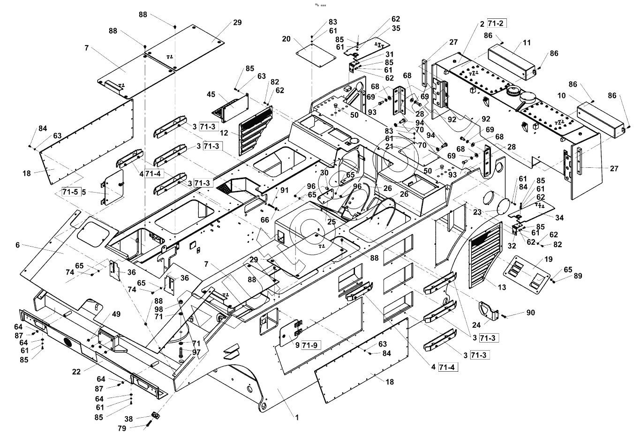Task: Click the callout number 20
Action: click(286, 39)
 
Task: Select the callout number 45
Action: click(211, 94)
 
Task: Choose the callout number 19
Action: click(548, 259)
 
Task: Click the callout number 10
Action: click(562, 96)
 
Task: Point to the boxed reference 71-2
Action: click(497, 23)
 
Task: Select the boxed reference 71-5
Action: click(70, 192)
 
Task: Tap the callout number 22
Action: click(76, 372)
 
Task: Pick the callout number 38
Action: click(128, 419)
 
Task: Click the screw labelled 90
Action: click(504, 316)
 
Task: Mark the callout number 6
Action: click(18, 245)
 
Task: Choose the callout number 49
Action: click(116, 314)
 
